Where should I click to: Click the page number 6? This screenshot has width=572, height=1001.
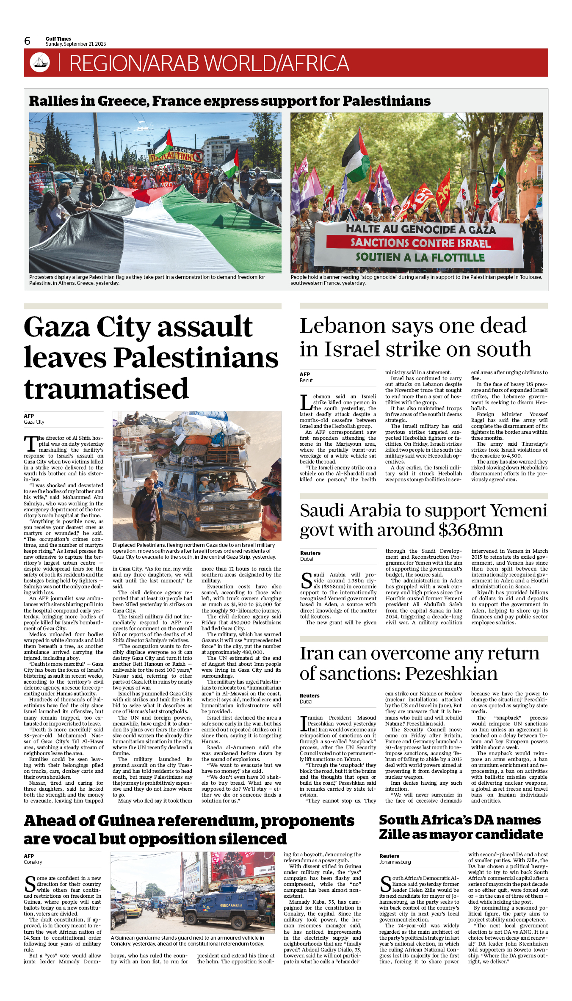click(28, 41)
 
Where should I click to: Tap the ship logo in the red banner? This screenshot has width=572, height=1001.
click(40, 63)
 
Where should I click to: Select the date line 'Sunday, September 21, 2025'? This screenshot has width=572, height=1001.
click(76, 44)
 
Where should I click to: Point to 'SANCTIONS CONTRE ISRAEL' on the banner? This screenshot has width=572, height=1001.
click(420, 243)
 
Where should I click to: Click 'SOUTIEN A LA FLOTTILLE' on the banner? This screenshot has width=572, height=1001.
click(420, 257)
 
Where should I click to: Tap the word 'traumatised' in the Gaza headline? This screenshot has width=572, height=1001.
click(106, 389)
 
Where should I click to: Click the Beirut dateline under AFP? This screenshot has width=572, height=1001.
click(306, 381)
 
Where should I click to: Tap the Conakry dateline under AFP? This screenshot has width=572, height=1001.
click(33, 862)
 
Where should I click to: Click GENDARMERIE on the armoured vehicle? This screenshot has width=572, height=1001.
click(231, 906)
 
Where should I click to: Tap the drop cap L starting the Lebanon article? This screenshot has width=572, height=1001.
click(306, 403)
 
